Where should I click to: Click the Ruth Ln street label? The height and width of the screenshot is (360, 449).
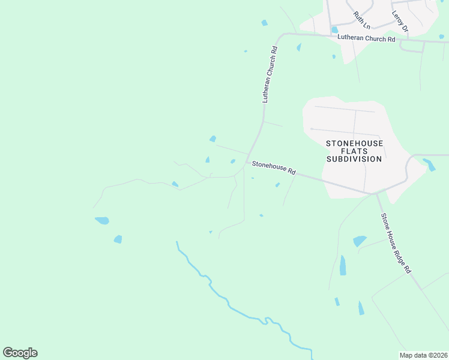[362, 20]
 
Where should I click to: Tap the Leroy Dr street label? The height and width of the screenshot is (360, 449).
[400, 21]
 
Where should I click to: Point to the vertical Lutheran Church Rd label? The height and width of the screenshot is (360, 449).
[270, 75]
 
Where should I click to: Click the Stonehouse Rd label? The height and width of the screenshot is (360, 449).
[274, 167]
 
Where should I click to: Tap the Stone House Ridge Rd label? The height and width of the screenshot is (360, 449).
[395, 242]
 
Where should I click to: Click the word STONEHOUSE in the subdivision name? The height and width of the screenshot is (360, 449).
[354, 143]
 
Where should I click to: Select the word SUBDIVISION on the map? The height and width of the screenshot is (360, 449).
[354, 159]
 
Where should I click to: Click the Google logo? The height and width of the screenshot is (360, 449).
[20, 353]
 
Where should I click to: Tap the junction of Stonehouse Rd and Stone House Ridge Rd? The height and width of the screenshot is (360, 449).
[376, 193]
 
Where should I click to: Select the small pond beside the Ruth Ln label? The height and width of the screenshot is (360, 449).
[334, 29]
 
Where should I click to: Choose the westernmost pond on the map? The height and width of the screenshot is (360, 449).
[102, 220]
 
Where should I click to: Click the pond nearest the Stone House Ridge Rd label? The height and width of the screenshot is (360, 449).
[359, 241]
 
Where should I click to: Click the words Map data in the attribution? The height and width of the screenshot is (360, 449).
[413, 355]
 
